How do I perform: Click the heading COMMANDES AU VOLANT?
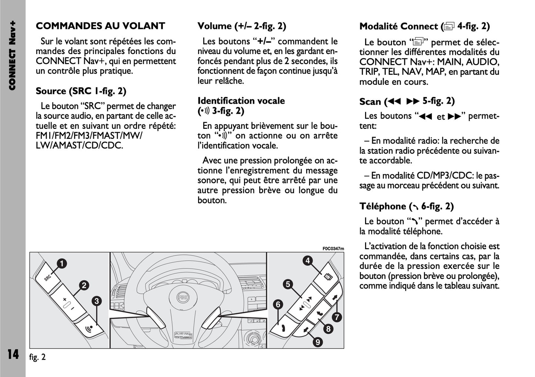(100, 26)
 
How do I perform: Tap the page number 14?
(13, 354)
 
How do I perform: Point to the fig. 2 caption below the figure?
(37, 357)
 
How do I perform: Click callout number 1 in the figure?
(61, 264)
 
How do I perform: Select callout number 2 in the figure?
(84, 285)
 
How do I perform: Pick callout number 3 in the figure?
(97, 301)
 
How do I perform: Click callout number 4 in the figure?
(308, 261)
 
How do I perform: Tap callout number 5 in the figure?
(288, 284)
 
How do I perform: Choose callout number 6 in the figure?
(278, 305)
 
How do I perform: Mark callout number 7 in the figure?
(337, 317)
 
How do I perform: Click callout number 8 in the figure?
(328, 328)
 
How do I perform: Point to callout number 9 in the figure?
(317, 342)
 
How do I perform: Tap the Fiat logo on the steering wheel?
(183, 297)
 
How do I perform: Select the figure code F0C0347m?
(333, 248)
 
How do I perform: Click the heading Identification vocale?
(241, 101)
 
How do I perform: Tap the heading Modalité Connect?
(424, 26)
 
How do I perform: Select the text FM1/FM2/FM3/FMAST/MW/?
(89, 136)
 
